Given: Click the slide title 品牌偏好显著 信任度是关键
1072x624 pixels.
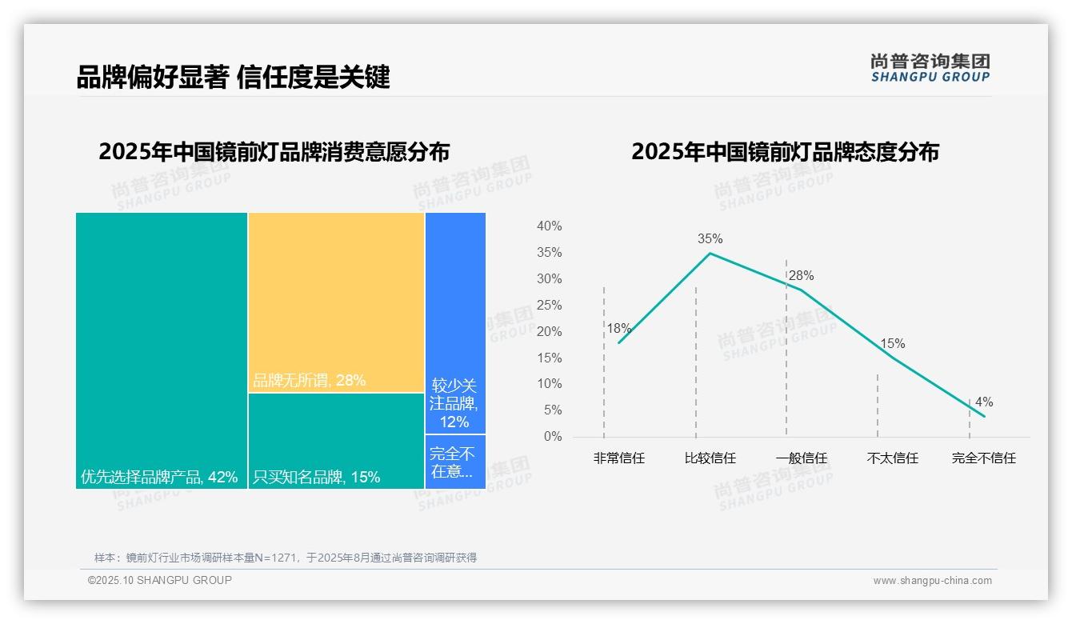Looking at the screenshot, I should click(x=233, y=78).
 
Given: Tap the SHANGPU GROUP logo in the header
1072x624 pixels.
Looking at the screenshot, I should click(x=930, y=68).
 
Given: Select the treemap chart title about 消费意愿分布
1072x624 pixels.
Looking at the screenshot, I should click(x=274, y=152).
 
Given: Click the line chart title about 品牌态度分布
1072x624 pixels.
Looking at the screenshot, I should click(x=785, y=152).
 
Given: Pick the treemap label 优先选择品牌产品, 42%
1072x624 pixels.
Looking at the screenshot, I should click(x=159, y=478).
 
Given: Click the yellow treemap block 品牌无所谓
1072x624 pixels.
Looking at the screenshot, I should click(x=336, y=302).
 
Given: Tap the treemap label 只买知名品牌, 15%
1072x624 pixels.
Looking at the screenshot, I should click(x=317, y=478).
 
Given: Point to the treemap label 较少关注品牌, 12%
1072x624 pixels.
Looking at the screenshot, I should click(x=454, y=402).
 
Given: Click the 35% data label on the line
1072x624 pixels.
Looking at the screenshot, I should click(x=710, y=238).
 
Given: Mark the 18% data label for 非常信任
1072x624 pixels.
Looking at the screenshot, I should click(x=618, y=328).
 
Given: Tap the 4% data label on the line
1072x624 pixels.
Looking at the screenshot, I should click(x=984, y=402).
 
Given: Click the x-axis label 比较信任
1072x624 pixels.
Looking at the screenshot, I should click(x=710, y=458).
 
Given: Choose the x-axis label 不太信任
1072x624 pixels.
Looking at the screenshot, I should click(x=893, y=458).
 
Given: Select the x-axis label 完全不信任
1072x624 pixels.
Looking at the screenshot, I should click(x=984, y=458).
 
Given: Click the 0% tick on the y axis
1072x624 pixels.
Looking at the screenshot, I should click(x=553, y=437).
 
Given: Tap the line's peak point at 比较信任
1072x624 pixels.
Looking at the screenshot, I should click(x=710, y=254).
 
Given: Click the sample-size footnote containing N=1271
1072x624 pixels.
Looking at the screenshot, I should click(x=286, y=558).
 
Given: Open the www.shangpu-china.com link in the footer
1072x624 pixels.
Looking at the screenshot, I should click(x=932, y=581).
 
